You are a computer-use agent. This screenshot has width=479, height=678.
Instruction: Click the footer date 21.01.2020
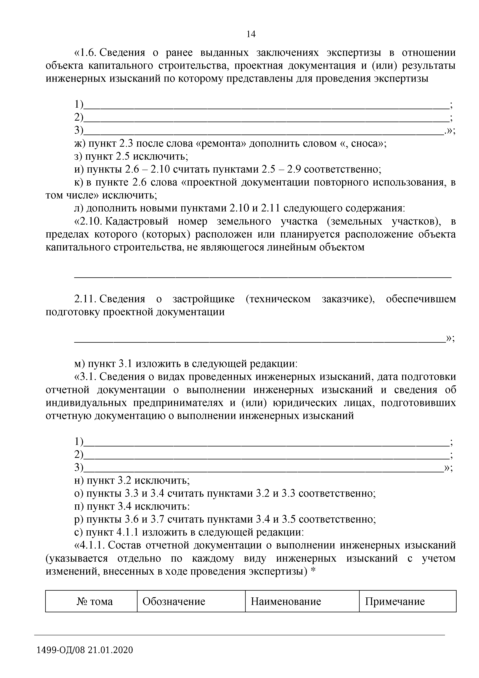coord(110,650)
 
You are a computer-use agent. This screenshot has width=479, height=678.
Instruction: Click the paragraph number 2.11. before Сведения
coord(86,299)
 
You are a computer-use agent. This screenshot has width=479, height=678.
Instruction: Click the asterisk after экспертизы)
coord(313,571)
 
